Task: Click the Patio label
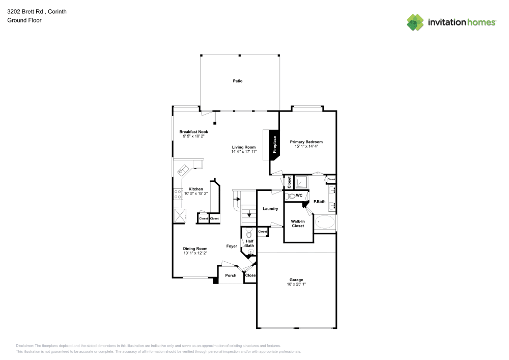tap(237, 81)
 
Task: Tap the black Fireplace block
tap(275, 144)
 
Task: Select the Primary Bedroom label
tap(306, 142)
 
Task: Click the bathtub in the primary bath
tap(325, 223)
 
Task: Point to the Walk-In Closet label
tap(298, 223)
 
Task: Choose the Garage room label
tap(296, 280)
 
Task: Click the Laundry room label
tap(270, 209)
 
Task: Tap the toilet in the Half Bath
tap(249, 233)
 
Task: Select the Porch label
tap(231, 275)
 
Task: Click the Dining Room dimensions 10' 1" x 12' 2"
tap(195, 253)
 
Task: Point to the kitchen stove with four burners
tap(179, 194)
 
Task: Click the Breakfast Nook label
tap(193, 132)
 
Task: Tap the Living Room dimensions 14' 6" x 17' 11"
tap(244, 151)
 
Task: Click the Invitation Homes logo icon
tap(415, 22)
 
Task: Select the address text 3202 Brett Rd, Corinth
tap(29, 11)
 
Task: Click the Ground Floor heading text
tap(24, 20)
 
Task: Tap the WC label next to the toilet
tap(299, 196)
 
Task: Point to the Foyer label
tap(232, 246)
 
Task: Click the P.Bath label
tap(319, 202)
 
